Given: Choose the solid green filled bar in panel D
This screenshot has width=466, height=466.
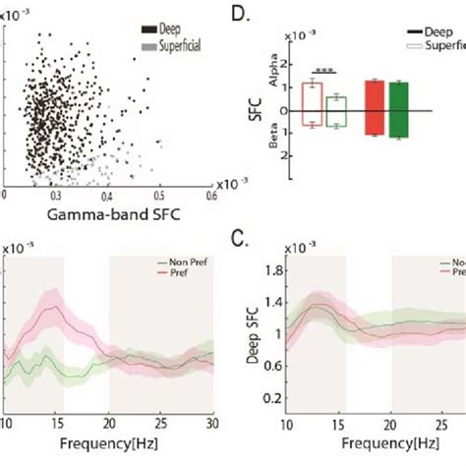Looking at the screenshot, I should point(399,108).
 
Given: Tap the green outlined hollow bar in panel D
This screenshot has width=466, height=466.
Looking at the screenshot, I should point(335,111).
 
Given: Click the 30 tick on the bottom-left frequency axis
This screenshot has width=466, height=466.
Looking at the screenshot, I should point(210,423).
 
